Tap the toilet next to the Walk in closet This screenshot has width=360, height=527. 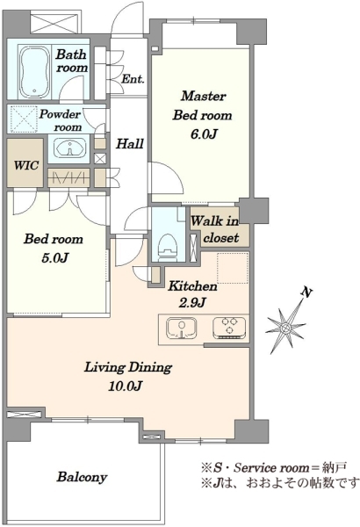click(168, 248)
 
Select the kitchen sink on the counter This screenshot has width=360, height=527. click(182, 328)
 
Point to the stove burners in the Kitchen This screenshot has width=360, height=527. click(229, 327)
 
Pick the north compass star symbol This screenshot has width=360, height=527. click(286, 328)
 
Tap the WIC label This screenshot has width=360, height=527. click(26, 165)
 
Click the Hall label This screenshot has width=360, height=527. click(130, 144)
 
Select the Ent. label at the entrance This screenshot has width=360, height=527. click(133, 79)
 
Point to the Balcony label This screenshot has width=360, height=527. click(82, 477)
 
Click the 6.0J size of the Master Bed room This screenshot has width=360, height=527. click(204, 134)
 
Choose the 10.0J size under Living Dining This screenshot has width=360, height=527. click(125, 386)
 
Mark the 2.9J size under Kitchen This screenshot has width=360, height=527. click(192, 303)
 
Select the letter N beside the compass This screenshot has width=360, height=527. click(306, 292)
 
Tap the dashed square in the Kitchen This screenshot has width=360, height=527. click(233, 268)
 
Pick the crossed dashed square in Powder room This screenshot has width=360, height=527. click(25, 119)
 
